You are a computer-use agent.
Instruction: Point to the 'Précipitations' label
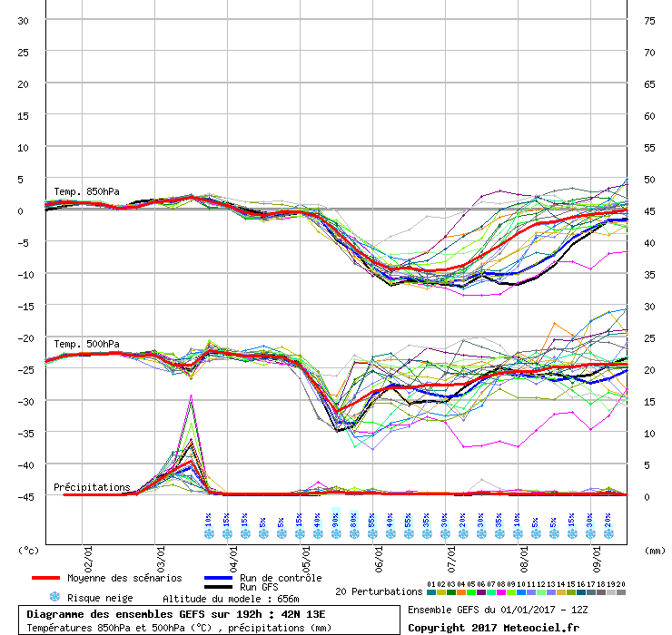click(x=92, y=487)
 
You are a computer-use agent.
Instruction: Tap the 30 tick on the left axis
click(x=24, y=20)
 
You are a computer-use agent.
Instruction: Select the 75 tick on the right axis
click(x=649, y=20)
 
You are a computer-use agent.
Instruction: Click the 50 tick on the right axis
click(x=649, y=179)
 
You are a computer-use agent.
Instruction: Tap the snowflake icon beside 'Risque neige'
click(x=54, y=598)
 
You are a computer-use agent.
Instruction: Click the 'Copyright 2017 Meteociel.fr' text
click(x=493, y=627)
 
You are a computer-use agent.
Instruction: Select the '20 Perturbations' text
click(x=379, y=591)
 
